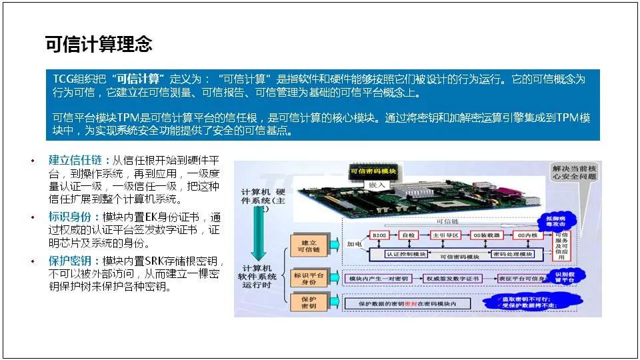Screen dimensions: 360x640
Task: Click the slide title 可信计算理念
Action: click(98, 44)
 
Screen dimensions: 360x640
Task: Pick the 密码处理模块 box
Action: click(511, 254)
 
